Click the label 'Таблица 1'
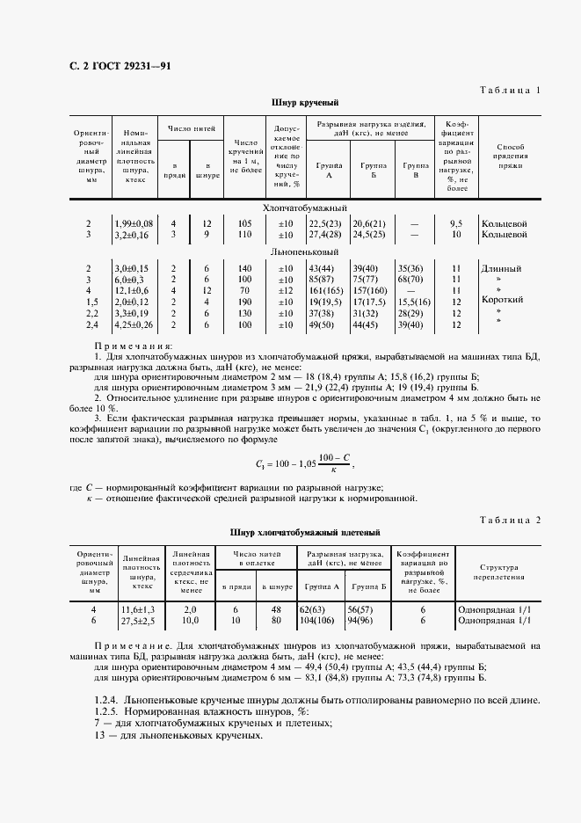pos(510,91)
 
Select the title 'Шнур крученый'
pos(302,103)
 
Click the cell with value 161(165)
pos(324,289)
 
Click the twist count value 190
pos(245,301)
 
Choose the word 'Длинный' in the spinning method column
pos(503,266)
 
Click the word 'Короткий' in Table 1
pos(503,300)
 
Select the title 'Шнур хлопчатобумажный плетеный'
pos(304,532)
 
